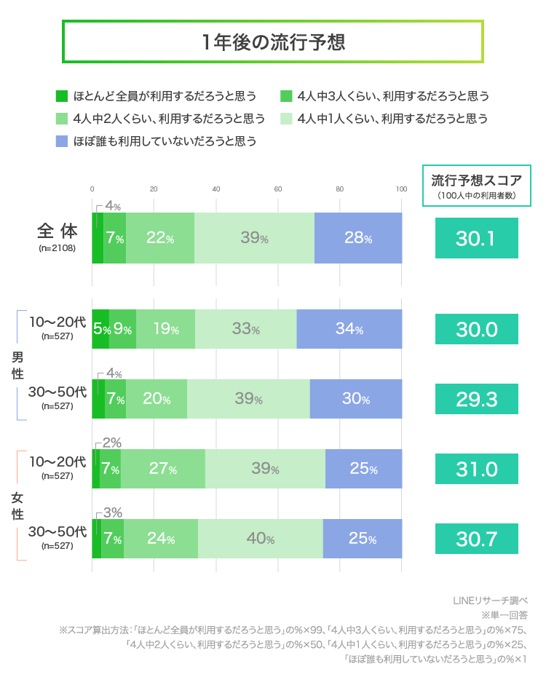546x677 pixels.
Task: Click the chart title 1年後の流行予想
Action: (x=273, y=41)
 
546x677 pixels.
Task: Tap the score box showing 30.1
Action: (x=476, y=238)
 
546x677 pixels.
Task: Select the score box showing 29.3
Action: (x=476, y=399)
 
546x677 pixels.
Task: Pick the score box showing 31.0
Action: (x=476, y=469)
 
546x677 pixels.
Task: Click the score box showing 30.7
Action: (x=476, y=539)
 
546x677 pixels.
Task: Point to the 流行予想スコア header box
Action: (x=477, y=185)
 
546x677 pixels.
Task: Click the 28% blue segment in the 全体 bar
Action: (x=357, y=238)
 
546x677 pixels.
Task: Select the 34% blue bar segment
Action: (x=349, y=329)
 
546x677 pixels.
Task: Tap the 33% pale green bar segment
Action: (x=245, y=329)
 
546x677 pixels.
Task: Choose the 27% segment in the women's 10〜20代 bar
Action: (x=162, y=469)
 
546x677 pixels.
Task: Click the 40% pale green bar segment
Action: (x=260, y=539)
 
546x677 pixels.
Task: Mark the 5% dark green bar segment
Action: (x=100, y=329)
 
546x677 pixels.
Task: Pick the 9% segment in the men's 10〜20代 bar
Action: (x=122, y=329)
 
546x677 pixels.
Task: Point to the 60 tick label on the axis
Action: (x=278, y=189)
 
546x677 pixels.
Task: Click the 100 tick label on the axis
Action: (x=401, y=189)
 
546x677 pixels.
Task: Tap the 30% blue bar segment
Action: (x=355, y=399)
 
